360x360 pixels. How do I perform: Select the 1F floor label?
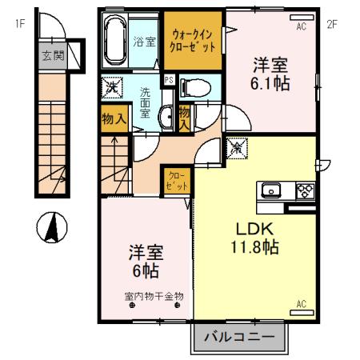pyautogui.click(x=20, y=23)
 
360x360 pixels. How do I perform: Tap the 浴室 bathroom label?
pyautogui.click(x=145, y=42)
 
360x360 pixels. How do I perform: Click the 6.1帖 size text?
pyautogui.click(x=271, y=82)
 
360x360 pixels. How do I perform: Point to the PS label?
pyautogui.click(x=169, y=80)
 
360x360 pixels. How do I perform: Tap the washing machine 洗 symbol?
pyautogui.click(x=114, y=86)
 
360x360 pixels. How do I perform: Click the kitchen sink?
pyautogui.click(x=270, y=190)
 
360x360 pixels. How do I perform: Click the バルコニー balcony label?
pyautogui.click(x=238, y=337)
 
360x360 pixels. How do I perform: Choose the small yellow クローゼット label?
pyautogui.click(x=177, y=180)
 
